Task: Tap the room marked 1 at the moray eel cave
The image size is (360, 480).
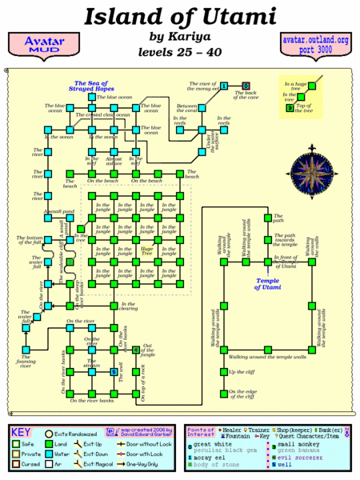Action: [x=225, y=86]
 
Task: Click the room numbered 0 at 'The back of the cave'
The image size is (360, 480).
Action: [x=246, y=86]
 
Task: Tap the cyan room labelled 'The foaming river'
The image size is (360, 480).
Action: [x=26, y=350]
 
